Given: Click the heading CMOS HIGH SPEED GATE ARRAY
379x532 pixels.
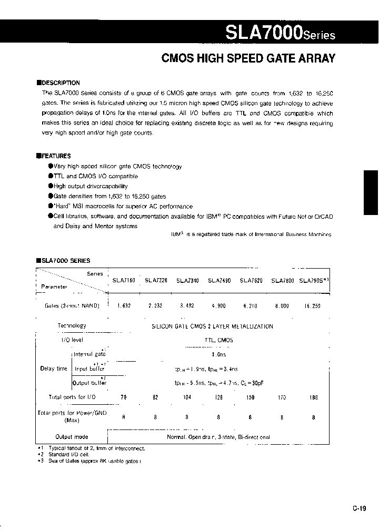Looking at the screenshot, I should coord(248,59).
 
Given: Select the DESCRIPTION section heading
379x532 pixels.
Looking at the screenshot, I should coord(58,83).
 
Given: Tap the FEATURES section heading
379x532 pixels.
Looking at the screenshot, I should coord(54,156).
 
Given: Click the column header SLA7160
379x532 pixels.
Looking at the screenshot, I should coord(124,281).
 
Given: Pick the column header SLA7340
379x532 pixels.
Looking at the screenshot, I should coord(187,281).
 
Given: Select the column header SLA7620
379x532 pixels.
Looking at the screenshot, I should coord(251,281).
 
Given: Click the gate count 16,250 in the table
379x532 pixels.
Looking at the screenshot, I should coord(313,305).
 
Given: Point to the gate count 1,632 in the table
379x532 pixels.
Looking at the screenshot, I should coord(124,305).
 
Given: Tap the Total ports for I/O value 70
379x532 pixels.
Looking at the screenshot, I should coord(124,397).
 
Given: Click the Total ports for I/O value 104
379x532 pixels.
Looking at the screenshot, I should coord(187,397).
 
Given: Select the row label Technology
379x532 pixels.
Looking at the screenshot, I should coord(72,326).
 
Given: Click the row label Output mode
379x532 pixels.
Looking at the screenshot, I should coord(72,437).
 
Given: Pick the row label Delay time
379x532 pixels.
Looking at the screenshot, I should coord(54,369).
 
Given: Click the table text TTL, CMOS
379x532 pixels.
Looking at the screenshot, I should coord(218,340).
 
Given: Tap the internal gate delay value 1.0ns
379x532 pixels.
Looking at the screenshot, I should coord(218,355).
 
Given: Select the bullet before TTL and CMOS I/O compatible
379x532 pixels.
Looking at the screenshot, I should coord(51,176).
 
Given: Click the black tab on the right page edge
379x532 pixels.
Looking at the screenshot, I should coord(371,192).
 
